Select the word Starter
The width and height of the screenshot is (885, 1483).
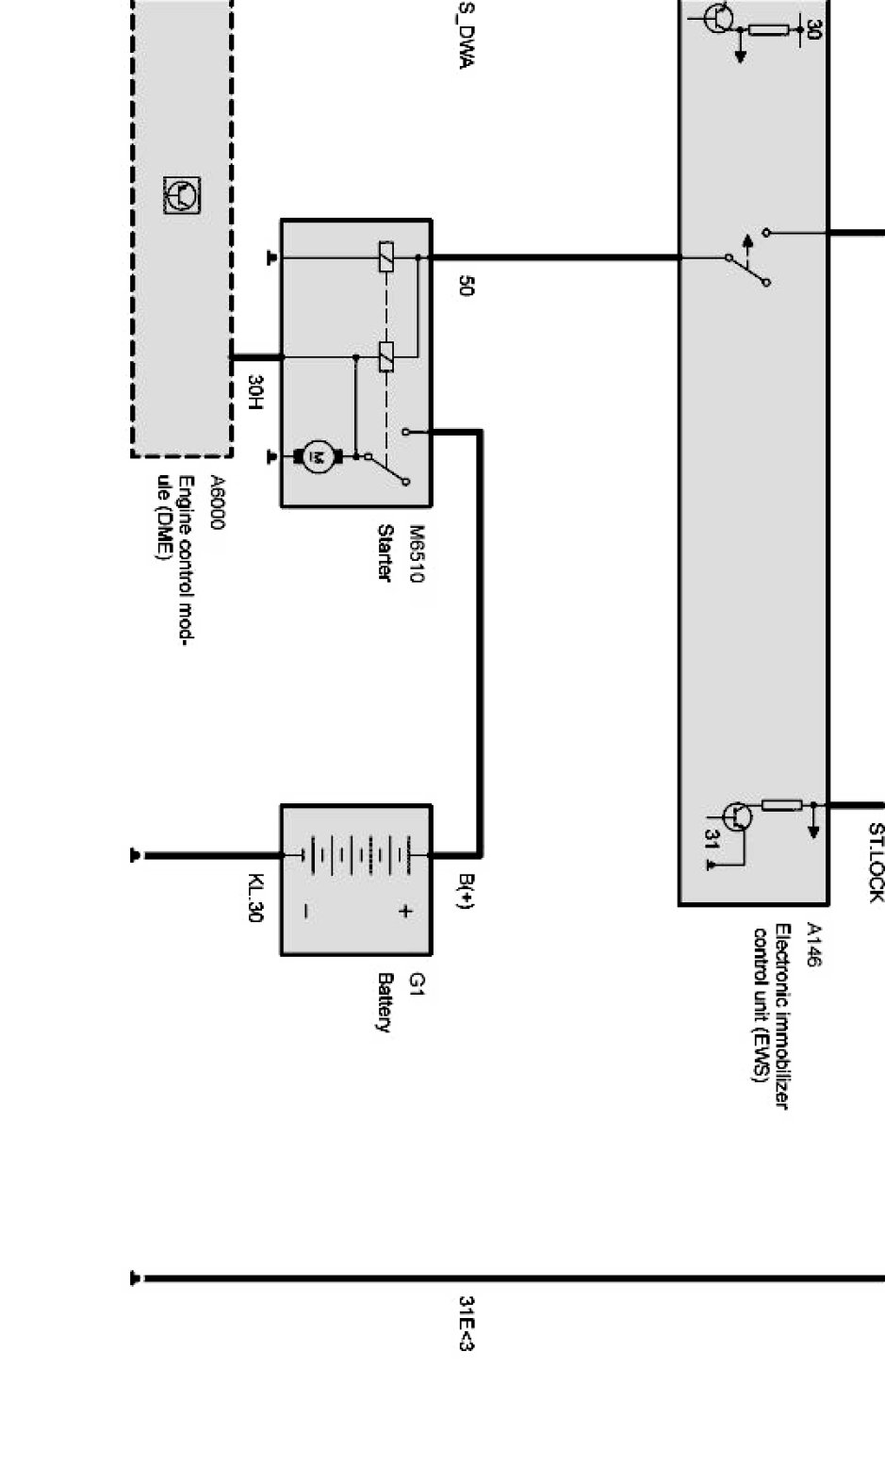tap(385, 552)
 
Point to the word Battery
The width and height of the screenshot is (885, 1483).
tap(385, 1003)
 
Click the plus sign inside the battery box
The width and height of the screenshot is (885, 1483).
tap(404, 911)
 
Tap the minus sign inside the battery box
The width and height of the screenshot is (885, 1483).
tap(307, 911)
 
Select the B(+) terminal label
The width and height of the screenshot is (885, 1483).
tap(466, 891)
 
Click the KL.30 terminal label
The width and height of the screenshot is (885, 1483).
tap(254, 898)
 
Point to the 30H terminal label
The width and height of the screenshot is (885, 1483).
tap(254, 392)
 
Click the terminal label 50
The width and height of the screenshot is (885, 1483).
tap(466, 286)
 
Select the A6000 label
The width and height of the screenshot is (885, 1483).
tap(217, 503)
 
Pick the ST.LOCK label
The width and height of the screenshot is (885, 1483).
tap(876, 863)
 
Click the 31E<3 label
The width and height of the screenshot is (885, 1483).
tap(466, 1323)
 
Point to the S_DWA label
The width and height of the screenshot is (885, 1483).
tap(466, 36)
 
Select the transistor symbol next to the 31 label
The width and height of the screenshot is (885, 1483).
tap(738, 816)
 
